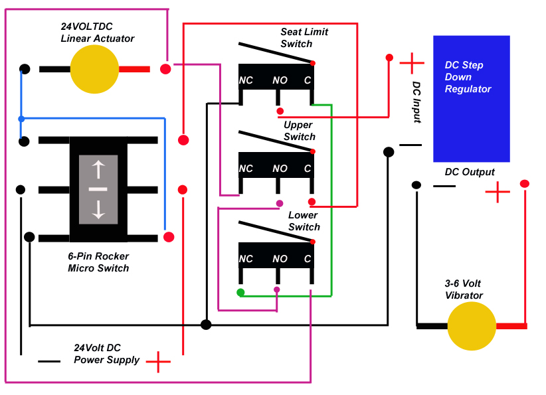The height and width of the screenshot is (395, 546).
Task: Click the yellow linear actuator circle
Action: [94, 69]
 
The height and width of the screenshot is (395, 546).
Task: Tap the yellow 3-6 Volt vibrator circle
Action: [472, 326]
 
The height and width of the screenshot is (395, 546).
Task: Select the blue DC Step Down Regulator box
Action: [472, 99]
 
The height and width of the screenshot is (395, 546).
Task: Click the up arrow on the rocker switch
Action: [98, 169]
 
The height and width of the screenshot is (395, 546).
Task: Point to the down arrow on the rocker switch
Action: [98, 210]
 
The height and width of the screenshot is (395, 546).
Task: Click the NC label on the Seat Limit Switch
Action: [246, 80]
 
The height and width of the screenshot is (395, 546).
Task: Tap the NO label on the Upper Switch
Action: [280, 169]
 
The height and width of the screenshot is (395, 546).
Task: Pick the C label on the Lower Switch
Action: [307, 259]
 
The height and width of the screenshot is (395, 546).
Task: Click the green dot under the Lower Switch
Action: [240, 292]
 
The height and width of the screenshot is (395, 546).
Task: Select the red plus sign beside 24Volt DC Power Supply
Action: [159, 362]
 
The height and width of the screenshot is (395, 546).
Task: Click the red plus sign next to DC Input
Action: [412, 63]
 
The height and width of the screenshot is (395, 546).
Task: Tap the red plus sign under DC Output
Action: [498, 192]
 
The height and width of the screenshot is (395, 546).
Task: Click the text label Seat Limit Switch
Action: [304, 38]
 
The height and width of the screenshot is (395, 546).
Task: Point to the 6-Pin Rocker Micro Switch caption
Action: [98, 262]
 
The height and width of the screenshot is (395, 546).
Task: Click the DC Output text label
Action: [470, 172]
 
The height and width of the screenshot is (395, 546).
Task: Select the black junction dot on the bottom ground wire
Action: [206, 325]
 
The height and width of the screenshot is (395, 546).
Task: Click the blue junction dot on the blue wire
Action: [21, 119]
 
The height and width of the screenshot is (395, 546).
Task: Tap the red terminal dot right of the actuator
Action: [165, 69]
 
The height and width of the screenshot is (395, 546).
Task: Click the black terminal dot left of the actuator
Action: [25, 69]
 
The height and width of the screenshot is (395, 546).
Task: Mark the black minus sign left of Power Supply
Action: [49, 362]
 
